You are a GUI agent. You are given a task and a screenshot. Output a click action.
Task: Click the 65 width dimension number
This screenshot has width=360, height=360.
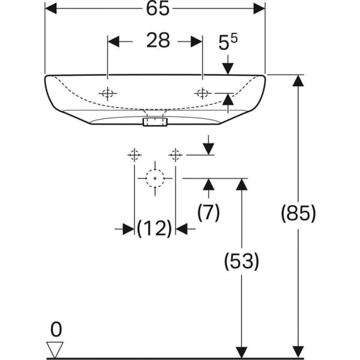pos(158,9)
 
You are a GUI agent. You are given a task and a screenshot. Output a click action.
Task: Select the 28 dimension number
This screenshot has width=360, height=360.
pos(158,40)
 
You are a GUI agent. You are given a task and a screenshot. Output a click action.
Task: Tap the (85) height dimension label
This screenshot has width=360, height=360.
pos(298,214)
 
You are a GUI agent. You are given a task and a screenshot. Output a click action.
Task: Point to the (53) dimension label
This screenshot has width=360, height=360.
pos(242,261)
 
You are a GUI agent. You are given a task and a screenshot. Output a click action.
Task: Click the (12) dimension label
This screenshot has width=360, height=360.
pos(154,228)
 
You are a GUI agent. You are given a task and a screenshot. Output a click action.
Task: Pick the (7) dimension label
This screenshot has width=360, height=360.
pos(208,212)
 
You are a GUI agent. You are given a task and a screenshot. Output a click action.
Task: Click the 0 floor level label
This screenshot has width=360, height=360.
pos(56,330)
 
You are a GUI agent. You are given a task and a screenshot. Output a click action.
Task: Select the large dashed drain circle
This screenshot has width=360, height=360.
pos(155,178)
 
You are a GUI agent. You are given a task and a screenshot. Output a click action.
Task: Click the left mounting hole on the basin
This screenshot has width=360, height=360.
pos(108,94)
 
